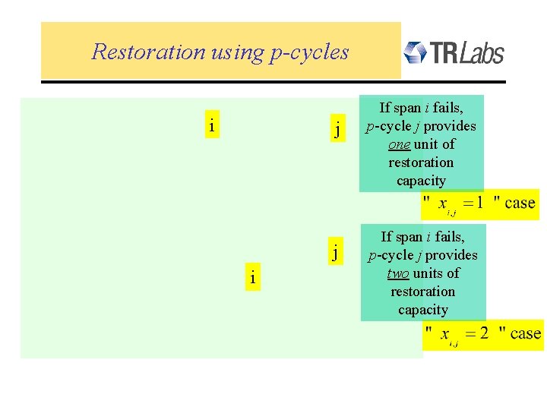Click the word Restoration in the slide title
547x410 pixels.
[x=148, y=52]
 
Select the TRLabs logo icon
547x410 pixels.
[x=414, y=52]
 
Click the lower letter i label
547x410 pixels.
[x=252, y=279]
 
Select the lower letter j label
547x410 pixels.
[x=334, y=251]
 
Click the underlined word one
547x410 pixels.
[x=399, y=144]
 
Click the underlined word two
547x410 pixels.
[x=398, y=273]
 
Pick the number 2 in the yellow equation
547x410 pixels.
[x=484, y=333]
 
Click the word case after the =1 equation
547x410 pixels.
[x=520, y=203]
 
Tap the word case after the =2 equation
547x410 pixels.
[x=526, y=333]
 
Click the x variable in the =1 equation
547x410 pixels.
[x=443, y=203]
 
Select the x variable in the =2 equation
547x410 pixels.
[x=445, y=334]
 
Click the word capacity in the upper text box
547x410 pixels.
[x=421, y=181]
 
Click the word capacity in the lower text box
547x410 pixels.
[x=422, y=310]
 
